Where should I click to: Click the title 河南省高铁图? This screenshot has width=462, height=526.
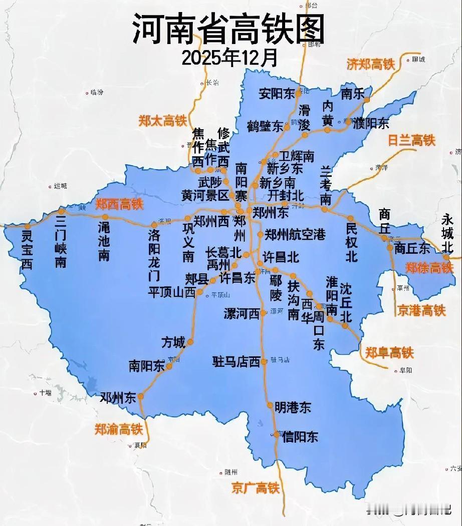(228, 29)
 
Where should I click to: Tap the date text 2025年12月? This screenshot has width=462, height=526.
(229, 58)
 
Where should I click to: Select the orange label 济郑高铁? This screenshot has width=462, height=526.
(371, 64)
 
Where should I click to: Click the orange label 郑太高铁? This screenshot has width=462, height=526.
(162, 121)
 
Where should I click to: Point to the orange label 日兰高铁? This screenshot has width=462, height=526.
(412, 141)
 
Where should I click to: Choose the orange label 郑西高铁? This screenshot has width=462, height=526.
(119, 204)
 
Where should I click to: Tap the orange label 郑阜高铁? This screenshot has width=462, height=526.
(389, 352)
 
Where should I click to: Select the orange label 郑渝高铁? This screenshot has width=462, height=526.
(119, 429)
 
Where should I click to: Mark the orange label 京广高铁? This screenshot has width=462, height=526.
(256, 487)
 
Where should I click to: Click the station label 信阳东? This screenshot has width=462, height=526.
(300, 436)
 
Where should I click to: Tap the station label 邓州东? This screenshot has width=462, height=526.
(118, 398)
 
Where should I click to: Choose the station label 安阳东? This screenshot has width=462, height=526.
(277, 93)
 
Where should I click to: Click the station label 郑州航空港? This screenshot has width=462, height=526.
(295, 234)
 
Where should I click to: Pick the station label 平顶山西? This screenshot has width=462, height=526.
(171, 292)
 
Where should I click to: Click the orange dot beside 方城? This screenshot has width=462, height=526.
(190, 342)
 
